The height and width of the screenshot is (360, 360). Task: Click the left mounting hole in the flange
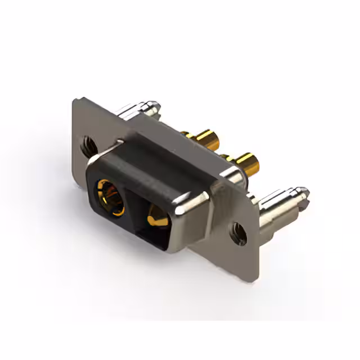[x=87, y=145]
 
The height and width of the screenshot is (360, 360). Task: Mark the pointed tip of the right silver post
[x=305, y=192]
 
